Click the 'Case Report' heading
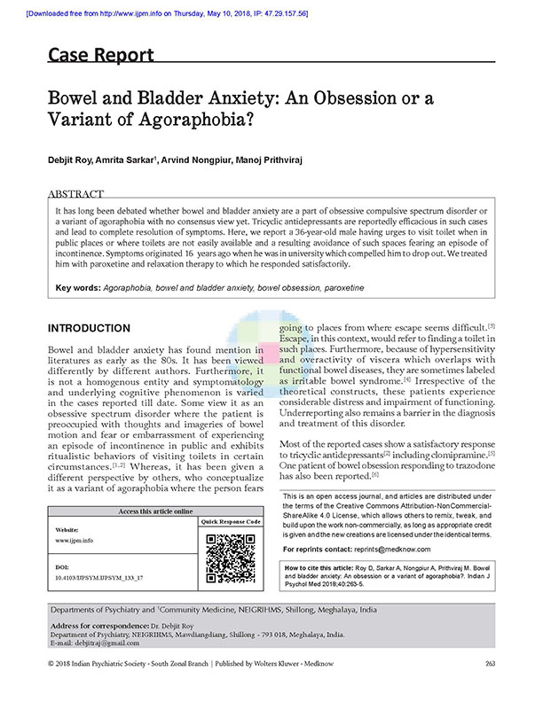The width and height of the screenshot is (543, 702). (100, 55)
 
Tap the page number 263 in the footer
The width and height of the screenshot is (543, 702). (490, 689)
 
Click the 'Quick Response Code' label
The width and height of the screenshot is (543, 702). (231, 521)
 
